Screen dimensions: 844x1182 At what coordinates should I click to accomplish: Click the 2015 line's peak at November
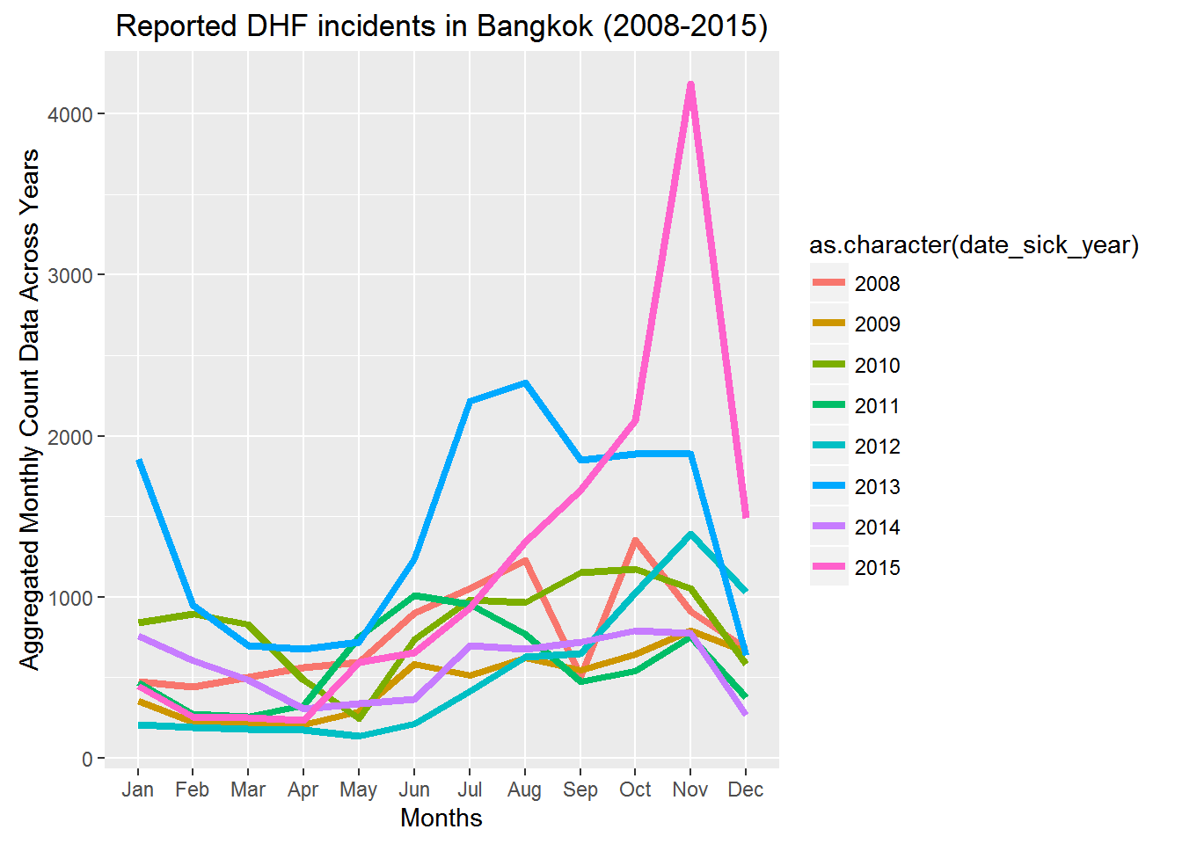pyautogui.click(x=690, y=85)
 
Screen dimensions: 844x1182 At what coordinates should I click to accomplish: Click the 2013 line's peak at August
pyautogui.click(x=525, y=383)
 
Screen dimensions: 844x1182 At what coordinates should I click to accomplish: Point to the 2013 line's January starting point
pyautogui.click(x=138, y=461)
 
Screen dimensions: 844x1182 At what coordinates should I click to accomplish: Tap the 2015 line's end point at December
pyautogui.click(x=746, y=516)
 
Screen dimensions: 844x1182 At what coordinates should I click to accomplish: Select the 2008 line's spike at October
pyautogui.click(x=635, y=540)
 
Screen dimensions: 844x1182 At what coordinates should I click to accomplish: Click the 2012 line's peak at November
pyautogui.click(x=690, y=534)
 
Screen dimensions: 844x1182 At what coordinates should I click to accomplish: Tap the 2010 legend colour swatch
pyautogui.click(x=828, y=365)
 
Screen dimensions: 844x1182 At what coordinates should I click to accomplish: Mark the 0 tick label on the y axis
pyautogui.click(x=87, y=759)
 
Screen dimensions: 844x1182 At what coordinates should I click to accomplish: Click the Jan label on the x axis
pyautogui.click(x=138, y=789)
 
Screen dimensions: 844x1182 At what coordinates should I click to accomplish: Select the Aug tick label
pyautogui.click(x=524, y=789)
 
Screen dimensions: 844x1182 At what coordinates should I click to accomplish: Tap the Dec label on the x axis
pyautogui.click(x=746, y=789)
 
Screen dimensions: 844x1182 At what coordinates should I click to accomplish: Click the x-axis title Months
pyautogui.click(x=441, y=819)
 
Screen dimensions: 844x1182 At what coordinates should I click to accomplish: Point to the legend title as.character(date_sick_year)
pyautogui.click(x=974, y=245)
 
